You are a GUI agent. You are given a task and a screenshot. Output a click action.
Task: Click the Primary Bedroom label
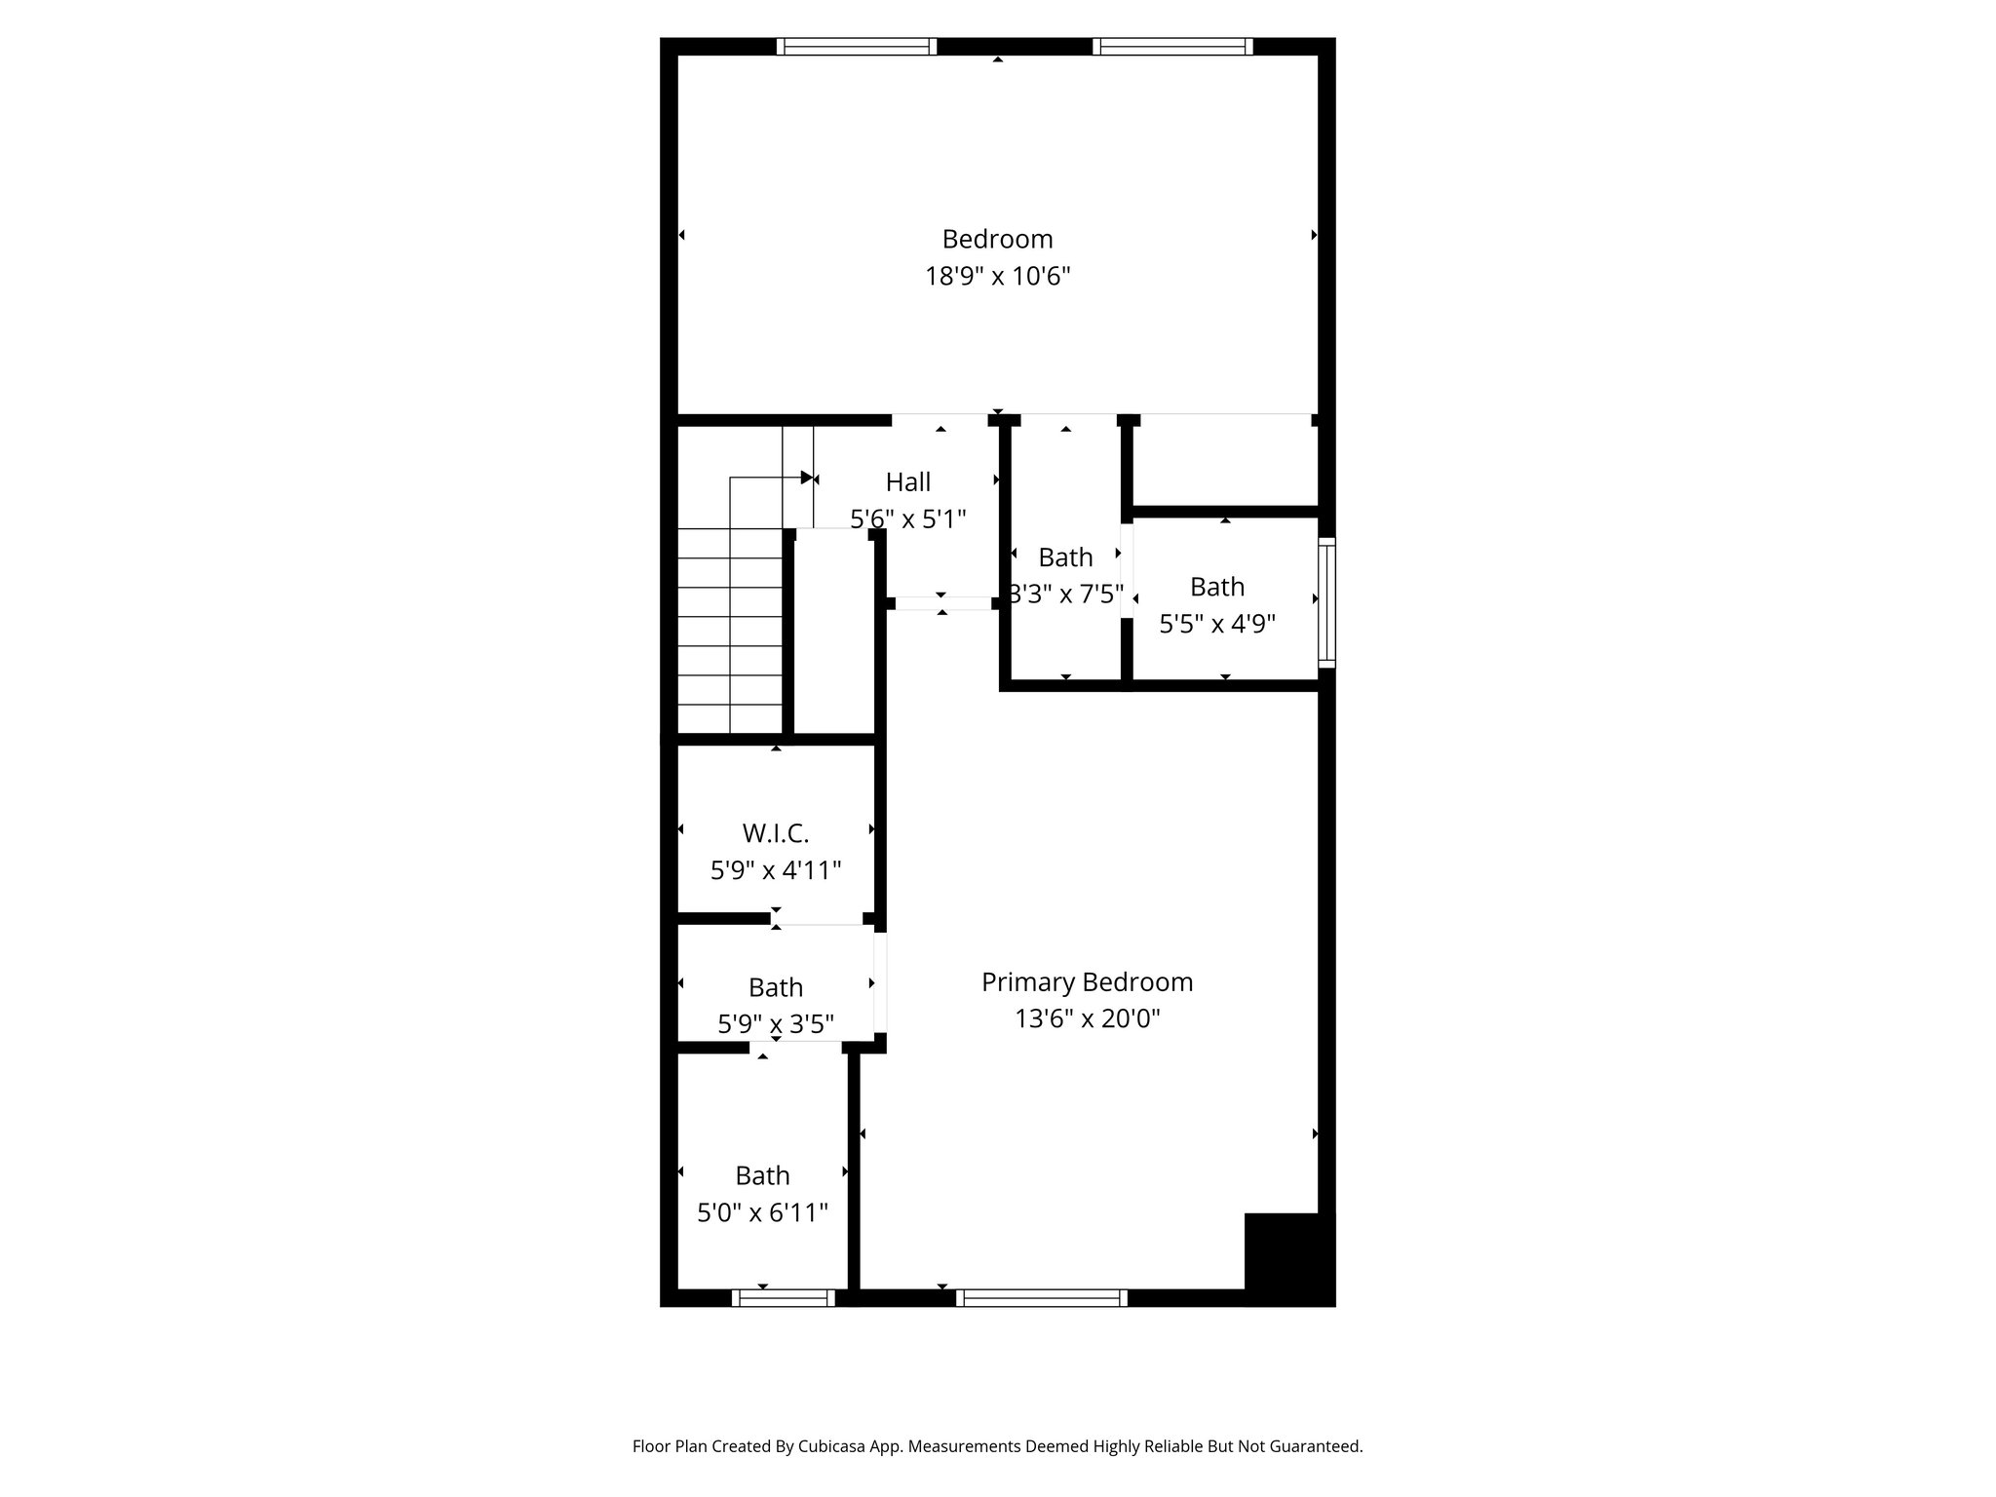coord(1087,981)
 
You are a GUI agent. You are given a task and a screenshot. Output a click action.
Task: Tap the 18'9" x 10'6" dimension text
coord(997,277)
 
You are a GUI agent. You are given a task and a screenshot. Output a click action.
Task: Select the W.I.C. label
coord(776,833)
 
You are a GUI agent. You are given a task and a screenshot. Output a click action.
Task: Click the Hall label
coord(908,481)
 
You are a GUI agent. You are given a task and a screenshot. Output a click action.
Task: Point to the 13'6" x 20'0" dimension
coord(1087,1018)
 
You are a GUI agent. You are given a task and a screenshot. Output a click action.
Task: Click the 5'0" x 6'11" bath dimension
coord(762,1212)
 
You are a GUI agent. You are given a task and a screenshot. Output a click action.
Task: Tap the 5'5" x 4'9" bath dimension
coord(1217,624)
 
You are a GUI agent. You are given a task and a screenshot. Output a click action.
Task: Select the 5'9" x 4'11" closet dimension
coord(776,870)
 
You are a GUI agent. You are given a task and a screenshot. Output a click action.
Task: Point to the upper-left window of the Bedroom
coord(857,46)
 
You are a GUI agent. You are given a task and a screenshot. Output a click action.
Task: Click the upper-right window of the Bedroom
coord(1172,46)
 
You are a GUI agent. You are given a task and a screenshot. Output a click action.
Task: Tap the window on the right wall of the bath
coord(1326,602)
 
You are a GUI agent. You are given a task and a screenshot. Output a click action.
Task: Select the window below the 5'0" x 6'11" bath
coord(784,1297)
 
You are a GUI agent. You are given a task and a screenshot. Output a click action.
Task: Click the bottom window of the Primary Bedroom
coord(1042,1297)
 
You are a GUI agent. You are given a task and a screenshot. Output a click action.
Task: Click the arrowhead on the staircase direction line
coord(806,478)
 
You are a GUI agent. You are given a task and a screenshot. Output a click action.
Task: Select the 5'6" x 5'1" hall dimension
coord(908,518)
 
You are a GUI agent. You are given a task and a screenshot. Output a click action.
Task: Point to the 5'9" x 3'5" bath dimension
coord(776,1024)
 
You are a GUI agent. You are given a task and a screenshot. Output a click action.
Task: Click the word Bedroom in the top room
coord(997,239)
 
